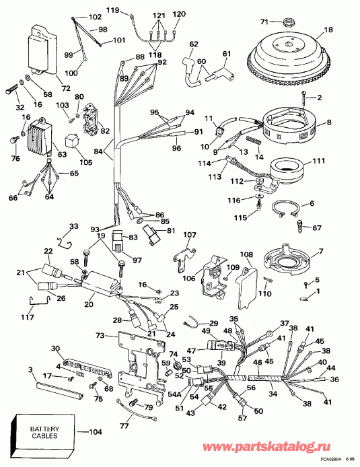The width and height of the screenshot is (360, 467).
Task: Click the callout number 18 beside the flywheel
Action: click(x=328, y=30)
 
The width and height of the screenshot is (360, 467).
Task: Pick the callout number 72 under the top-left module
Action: click(x=46, y=89)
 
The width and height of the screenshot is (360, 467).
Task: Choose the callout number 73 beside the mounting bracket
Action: click(x=100, y=334)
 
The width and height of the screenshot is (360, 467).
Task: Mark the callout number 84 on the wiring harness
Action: click(x=99, y=153)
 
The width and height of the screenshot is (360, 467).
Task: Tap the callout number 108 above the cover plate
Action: click(x=247, y=255)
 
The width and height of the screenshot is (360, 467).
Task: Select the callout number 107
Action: click(x=190, y=235)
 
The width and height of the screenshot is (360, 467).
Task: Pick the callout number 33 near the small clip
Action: click(x=74, y=225)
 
